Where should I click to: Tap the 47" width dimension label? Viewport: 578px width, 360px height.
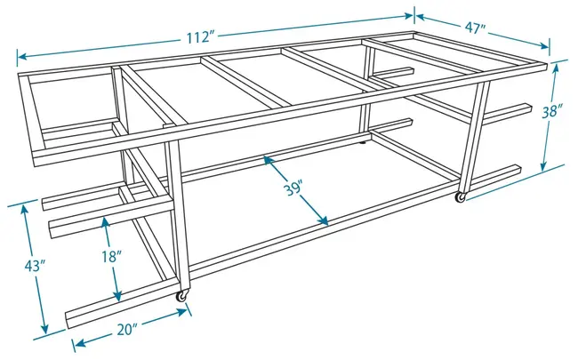coord(475,28)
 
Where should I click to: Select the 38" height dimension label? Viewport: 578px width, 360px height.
coord(552,111)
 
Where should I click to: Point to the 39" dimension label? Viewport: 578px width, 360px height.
coord(293,189)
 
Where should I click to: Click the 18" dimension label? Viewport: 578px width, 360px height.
coord(112,257)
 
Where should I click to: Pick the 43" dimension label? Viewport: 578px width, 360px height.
coord(35,265)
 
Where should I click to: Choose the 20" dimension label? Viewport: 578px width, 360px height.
coord(127,330)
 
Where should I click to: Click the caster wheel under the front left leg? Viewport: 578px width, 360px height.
coord(182,296)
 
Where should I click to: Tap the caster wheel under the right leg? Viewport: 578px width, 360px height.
coord(461,197)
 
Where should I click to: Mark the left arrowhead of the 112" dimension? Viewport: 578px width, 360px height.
coord(22,57)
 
